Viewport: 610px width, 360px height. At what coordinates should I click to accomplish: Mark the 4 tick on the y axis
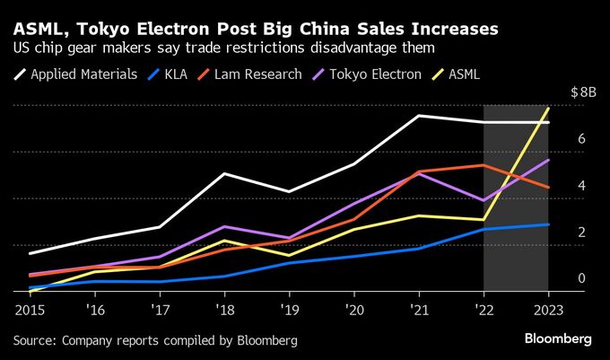(x=581, y=186)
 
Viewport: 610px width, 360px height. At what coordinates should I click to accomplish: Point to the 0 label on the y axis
(x=581, y=279)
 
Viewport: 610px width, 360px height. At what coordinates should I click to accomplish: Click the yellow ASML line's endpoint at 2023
(x=548, y=109)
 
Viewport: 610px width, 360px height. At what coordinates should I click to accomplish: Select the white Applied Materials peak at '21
(x=419, y=116)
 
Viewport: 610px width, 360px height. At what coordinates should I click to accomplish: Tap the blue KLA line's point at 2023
(x=548, y=224)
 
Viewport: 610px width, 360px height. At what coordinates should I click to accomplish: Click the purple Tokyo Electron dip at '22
(x=484, y=200)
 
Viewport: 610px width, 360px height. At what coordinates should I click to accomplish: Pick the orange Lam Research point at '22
(x=484, y=165)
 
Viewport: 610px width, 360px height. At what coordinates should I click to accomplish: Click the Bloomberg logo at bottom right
(x=556, y=339)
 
